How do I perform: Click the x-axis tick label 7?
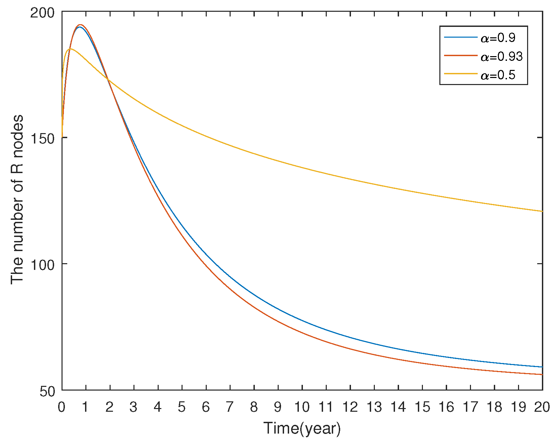[230, 407]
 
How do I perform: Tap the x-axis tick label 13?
[374, 407]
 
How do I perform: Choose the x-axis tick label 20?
[542, 407]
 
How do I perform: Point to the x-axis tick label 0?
[62, 407]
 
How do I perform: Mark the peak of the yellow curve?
[70, 49]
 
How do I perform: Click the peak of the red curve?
[80, 25]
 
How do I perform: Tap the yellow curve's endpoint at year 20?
[542, 211]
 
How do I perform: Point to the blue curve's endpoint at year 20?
[542, 367]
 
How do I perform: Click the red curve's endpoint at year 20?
[542, 374]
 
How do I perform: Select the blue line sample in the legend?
[461, 37]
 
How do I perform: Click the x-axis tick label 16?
[446, 407]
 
